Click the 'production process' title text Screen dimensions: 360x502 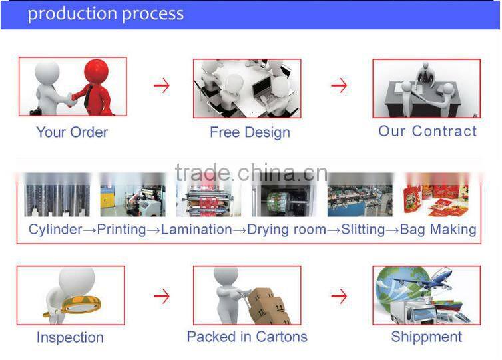pyautogui.click(x=105, y=13)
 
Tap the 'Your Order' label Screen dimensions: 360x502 pyautogui.click(x=72, y=132)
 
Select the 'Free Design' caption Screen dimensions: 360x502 pyautogui.click(x=250, y=132)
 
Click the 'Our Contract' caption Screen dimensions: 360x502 pyautogui.click(x=427, y=131)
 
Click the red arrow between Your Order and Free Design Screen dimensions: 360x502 pyautogui.click(x=161, y=86)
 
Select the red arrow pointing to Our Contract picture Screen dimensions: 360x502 pyautogui.click(x=339, y=86)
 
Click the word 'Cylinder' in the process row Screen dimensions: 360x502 pyautogui.click(x=54, y=230)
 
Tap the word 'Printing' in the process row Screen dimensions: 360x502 pyautogui.click(x=121, y=230)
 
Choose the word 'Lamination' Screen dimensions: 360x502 pyautogui.click(x=196, y=230)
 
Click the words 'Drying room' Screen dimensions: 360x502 pyautogui.click(x=286, y=230)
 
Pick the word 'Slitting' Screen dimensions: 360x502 pyautogui.click(x=363, y=230)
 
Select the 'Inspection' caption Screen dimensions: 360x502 pyautogui.click(x=70, y=337)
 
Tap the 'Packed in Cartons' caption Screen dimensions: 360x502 pyautogui.click(x=247, y=337)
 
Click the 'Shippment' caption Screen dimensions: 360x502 pyautogui.click(x=426, y=337)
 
